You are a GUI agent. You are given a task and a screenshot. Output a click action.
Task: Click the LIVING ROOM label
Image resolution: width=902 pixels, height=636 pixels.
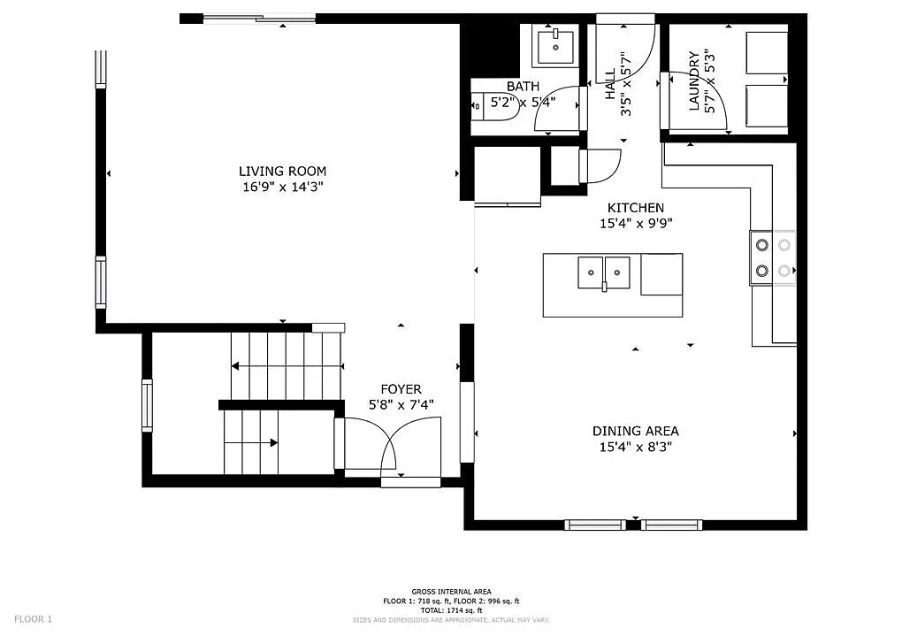tap(282, 171)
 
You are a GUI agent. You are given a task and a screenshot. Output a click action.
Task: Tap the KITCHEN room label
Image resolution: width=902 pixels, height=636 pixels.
tap(636, 208)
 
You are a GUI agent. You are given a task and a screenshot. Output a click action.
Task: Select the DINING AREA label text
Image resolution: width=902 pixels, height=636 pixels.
tap(636, 431)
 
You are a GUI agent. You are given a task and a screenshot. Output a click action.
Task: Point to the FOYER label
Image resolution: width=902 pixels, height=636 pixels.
tap(401, 389)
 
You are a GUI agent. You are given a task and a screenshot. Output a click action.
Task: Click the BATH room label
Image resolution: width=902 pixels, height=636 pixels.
tap(523, 86)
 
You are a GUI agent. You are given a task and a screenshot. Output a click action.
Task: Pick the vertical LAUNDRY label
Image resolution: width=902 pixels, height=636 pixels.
tap(695, 81)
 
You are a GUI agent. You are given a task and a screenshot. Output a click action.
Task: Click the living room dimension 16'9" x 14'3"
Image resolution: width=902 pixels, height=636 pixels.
tap(282, 188)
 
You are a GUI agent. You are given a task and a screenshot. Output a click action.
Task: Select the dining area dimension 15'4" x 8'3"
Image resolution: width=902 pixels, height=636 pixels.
tap(636, 448)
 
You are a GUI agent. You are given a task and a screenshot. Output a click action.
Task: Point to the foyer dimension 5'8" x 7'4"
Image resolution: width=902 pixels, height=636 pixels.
tap(401, 405)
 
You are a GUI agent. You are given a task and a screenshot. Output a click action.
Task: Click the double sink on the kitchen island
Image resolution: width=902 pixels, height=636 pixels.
tap(604, 272)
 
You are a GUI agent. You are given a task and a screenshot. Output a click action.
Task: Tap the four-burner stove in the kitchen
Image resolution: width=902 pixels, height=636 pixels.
tap(773, 257)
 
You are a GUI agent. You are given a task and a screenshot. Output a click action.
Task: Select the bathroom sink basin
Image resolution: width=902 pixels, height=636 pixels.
tap(555, 47)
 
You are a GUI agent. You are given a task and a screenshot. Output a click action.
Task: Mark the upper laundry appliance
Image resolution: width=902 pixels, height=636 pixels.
tap(767, 53)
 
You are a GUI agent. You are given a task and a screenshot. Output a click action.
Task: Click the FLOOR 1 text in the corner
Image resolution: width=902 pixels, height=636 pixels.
tap(34, 619)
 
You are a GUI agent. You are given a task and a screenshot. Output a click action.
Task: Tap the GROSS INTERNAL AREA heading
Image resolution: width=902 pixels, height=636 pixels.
tap(451, 592)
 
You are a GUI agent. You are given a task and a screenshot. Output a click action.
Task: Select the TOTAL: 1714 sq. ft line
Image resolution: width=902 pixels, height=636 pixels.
tap(451, 610)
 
